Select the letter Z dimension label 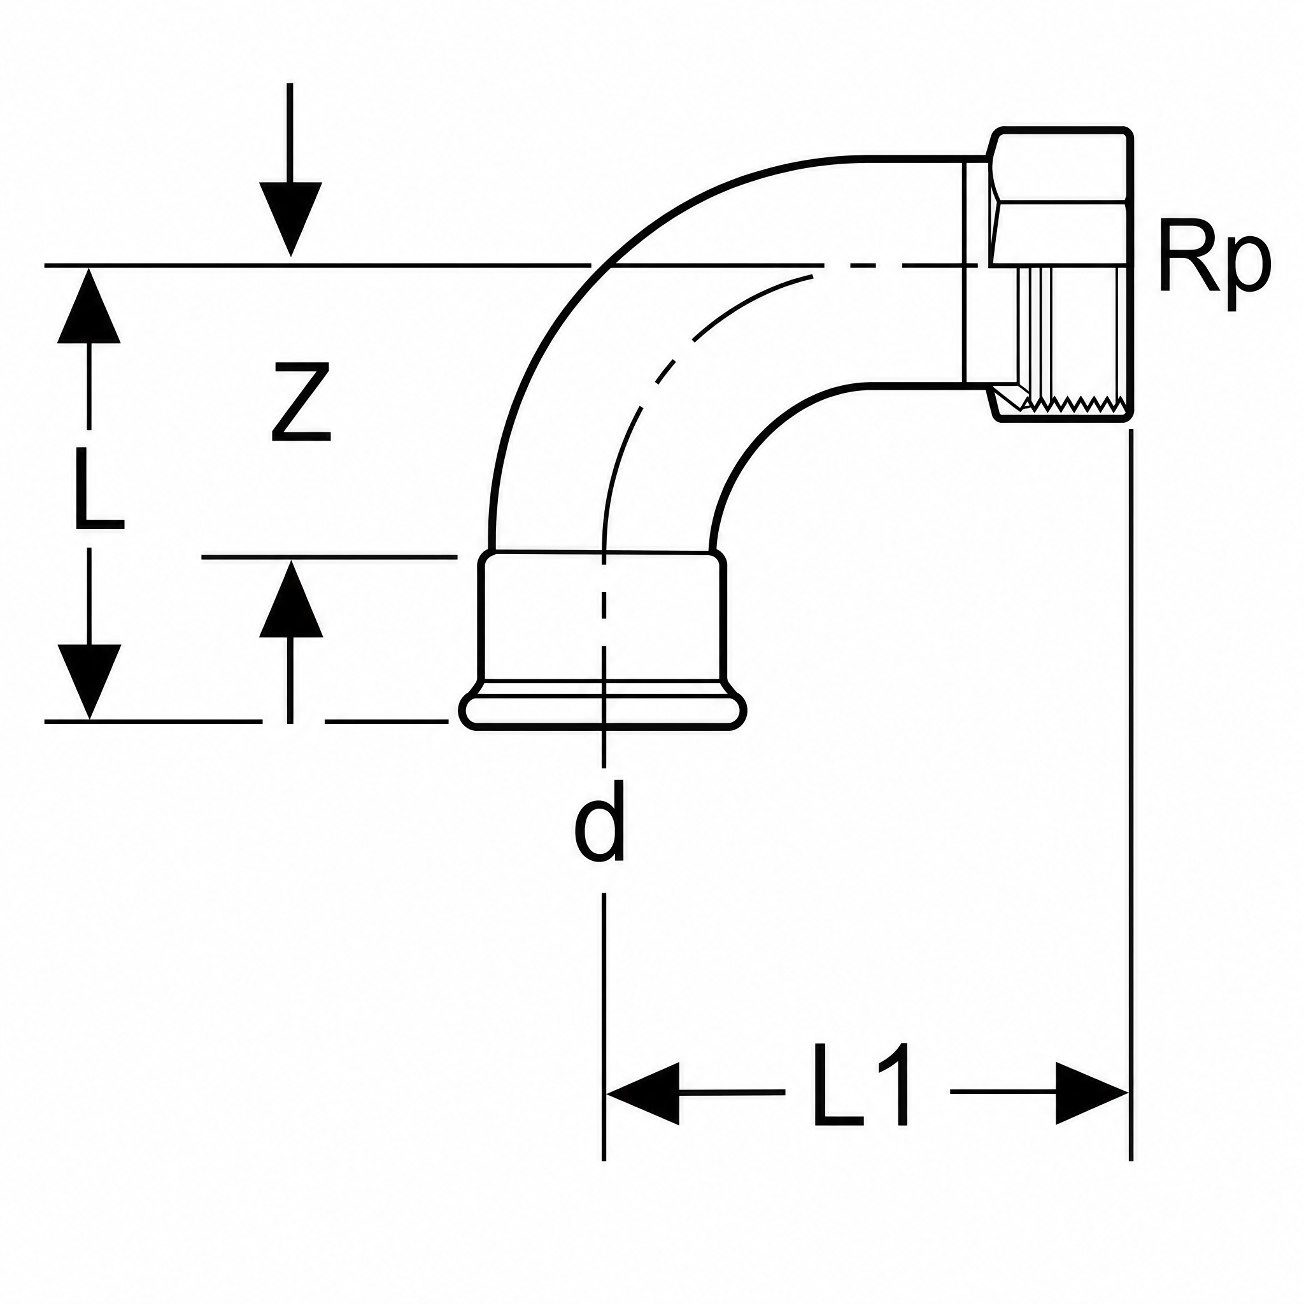301,402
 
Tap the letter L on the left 99,490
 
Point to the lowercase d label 599,821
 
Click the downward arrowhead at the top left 290,220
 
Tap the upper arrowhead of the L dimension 89,306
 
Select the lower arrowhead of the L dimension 89,682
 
